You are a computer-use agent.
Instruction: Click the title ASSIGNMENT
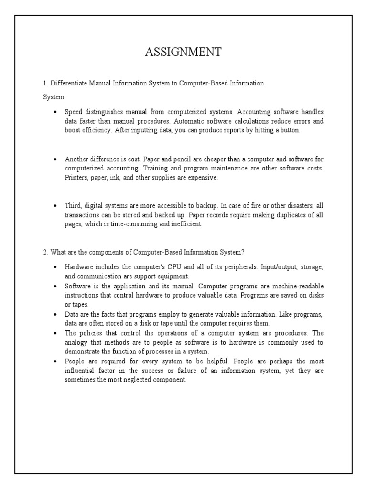tap(183, 52)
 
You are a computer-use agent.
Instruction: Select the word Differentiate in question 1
tap(66, 83)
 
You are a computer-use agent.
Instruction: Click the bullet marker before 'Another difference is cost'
tap(55, 159)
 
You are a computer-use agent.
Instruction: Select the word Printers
tap(76, 178)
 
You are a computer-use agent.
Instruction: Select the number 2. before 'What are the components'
tap(46, 252)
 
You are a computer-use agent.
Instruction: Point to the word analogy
tap(76, 342)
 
